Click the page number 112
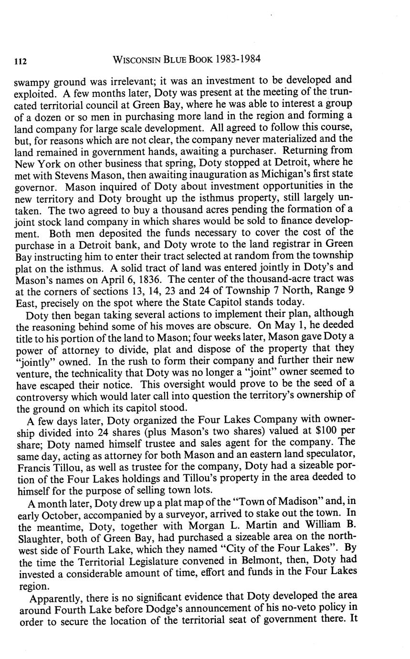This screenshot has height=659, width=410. coord(20,61)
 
